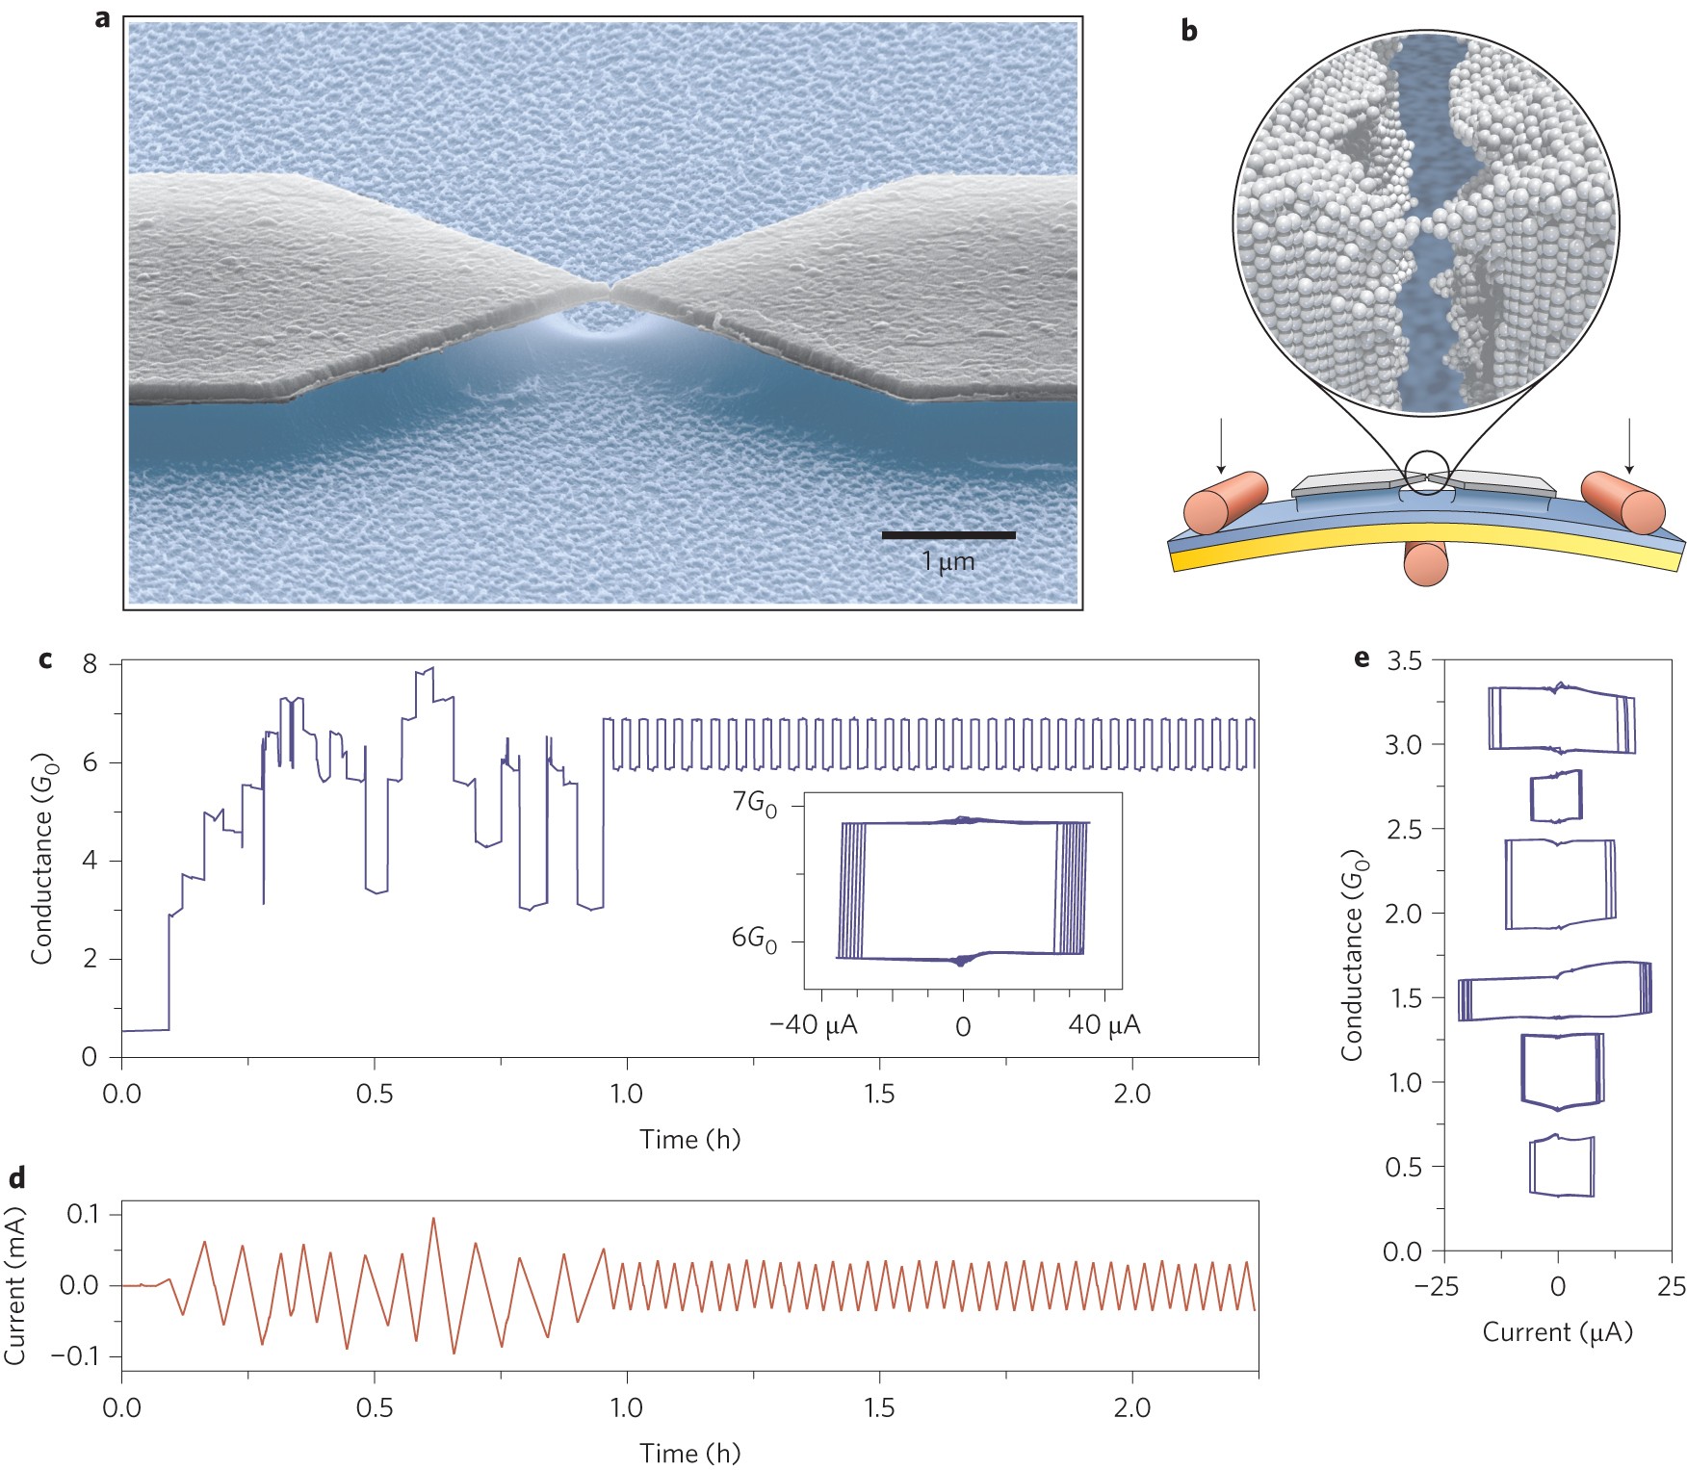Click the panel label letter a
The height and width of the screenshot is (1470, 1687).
coord(103,18)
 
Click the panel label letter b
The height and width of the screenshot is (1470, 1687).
coord(1189,31)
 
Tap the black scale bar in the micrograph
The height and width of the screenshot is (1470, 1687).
coord(948,534)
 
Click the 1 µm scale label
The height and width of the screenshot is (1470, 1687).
coord(948,560)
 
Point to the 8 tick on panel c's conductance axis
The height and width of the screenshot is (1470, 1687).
coord(90,663)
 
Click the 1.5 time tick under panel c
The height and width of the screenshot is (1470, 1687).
coord(879,1094)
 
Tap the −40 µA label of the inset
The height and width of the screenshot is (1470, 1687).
coord(814,1025)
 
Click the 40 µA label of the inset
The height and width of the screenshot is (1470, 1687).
coord(1103,1025)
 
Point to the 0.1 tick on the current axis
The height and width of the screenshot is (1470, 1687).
coord(85,1214)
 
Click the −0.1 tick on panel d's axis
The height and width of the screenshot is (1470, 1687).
coord(79,1355)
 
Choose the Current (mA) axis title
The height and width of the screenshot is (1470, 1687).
coord(15,1285)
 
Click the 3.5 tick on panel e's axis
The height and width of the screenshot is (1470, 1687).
coord(1404,660)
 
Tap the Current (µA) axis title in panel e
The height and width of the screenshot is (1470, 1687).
coord(1557,1332)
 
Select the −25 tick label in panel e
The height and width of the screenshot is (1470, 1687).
coord(1439,1286)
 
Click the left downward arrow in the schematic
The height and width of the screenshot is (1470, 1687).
coord(1221,445)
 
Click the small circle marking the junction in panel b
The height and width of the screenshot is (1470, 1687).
coord(1427,473)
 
